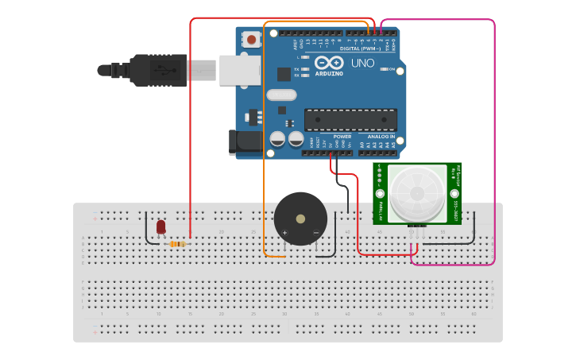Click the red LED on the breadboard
(161, 227)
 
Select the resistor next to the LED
(178, 244)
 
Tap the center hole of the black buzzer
(300, 218)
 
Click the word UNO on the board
(362, 63)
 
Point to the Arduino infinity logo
(329, 63)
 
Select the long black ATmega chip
(350, 119)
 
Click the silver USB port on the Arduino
(239, 70)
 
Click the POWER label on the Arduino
(342, 136)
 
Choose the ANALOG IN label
(381, 136)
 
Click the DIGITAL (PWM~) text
(360, 48)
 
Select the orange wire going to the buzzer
(265, 159)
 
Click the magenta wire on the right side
(494, 143)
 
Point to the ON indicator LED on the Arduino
(383, 70)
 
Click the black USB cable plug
(159, 69)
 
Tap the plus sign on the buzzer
(284, 232)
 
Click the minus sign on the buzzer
(315, 232)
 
